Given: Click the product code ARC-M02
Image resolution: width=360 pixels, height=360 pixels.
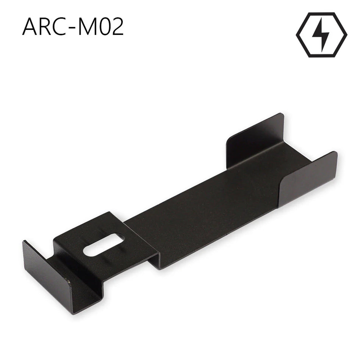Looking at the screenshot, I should [73, 27].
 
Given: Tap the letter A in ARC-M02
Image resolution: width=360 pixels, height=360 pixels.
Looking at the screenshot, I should [31, 27].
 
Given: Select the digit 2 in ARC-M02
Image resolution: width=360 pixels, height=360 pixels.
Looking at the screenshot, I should [118, 27].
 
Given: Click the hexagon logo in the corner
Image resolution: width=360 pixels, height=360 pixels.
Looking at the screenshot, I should [321, 35].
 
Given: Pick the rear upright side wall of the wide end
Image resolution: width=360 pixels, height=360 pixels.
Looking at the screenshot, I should [254, 140].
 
